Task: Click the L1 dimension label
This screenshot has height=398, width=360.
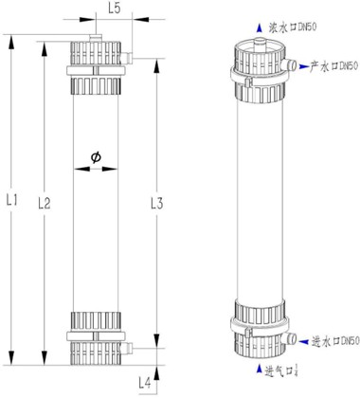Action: click(x=11, y=200)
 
